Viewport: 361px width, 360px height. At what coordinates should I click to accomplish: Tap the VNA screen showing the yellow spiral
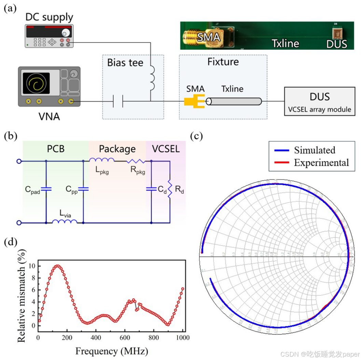point(36,83)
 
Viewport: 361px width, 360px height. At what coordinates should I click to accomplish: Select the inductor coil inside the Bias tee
point(150,77)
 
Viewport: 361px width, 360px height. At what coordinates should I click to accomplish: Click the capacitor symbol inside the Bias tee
point(117,101)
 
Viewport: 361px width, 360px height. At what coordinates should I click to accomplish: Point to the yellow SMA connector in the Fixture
point(194,102)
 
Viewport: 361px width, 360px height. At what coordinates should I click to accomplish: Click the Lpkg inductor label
point(102,172)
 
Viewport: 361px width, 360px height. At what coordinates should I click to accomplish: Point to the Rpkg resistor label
point(138,172)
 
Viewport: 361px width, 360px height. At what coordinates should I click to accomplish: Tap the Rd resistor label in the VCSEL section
point(179,192)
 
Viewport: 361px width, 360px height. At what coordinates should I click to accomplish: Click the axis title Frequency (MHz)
point(111,350)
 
